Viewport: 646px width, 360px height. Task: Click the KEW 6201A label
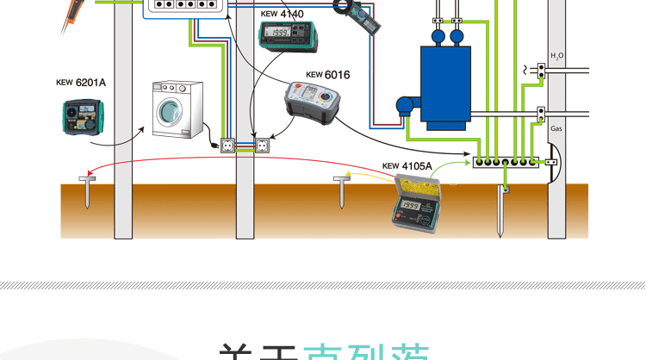(81, 83)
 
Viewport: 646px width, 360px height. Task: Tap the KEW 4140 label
(281, 14)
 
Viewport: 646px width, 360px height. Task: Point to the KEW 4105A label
(407, 166)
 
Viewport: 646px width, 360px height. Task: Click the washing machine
(177, 109)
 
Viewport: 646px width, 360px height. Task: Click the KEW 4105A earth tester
(416, 203)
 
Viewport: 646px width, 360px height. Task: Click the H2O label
(557, 57)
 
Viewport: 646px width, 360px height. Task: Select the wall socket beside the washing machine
(229, 146)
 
